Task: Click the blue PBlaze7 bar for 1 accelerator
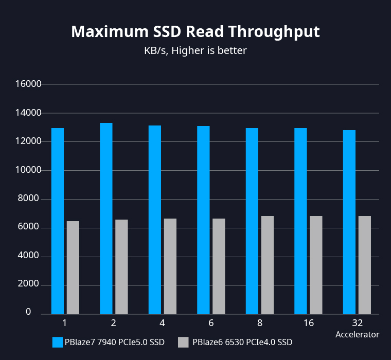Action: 58,221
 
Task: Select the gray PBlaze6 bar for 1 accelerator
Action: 73,267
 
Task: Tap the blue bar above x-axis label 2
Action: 106,219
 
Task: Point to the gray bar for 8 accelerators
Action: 268,265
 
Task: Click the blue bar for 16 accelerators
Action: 300,221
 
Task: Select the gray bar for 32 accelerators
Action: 364,265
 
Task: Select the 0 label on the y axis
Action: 28,312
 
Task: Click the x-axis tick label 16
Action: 309,323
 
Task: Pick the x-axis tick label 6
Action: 211,323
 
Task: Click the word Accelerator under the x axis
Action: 357,334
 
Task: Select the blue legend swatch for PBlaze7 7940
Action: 57,342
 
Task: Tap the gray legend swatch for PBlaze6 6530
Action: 183,342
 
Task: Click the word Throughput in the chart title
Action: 274,32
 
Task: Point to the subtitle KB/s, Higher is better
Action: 195,50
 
